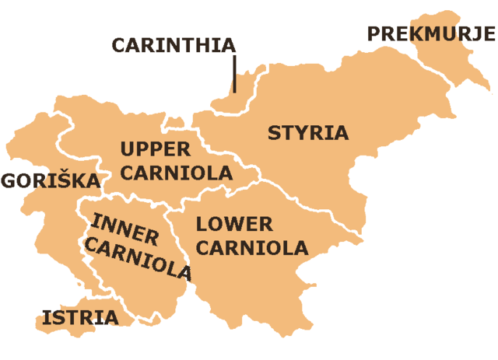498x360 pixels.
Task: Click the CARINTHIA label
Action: (173, 44)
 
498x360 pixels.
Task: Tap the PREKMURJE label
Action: (430, 33)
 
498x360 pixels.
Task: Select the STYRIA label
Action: (308, 132)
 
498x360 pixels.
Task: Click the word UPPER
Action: (156, 149)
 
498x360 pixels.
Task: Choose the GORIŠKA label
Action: (51, 181)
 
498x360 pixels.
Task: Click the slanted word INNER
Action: (124, 227)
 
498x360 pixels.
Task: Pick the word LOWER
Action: (234, 225)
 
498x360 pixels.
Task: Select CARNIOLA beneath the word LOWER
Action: (252, 249)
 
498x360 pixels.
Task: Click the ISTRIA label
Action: (80, 317)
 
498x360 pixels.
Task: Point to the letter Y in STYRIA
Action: (302, 132)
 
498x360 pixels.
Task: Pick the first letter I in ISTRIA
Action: (46, 317)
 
